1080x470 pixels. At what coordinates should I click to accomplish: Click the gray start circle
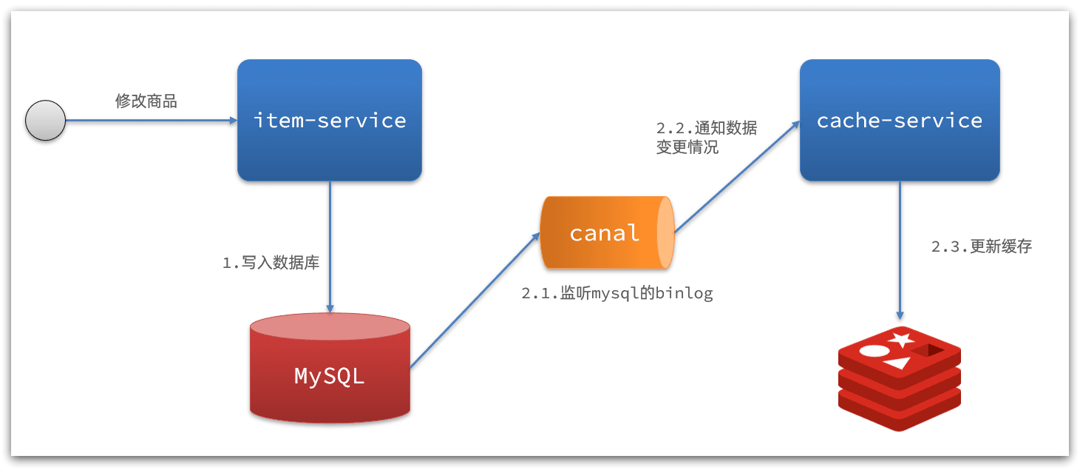pyautogui.click(x=46, y=120)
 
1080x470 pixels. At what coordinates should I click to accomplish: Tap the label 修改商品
pyautogui.click(x=146, y=101)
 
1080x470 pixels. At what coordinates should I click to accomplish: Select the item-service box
pyautogui.click(x=330, y=120)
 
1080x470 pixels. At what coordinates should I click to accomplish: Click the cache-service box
pyautogui.click(x=899, y=120)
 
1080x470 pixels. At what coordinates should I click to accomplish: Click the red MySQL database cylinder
pyautogui.click(x=330, y=375)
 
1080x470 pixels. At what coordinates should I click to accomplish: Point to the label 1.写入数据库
pyautogui.click(x=271, y=262)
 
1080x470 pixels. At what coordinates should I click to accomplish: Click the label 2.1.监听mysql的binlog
pyautogui.click(x=617, y=293)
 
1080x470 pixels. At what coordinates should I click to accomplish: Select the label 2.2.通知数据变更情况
pyautogui.click(x=706, y=137)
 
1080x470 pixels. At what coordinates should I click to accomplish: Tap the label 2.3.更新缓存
pyautogui.click(x=981, y=246)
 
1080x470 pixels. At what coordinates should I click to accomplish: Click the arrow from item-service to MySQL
pyautogui.click(x=330, y=244)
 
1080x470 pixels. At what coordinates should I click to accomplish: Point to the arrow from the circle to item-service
pyautogui.click(x=148, y=120)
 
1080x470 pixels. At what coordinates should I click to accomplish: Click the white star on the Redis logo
pyautogui.click(x=900, y=340)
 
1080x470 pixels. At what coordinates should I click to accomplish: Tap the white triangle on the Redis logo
pyautogui.click(x=897, y=363)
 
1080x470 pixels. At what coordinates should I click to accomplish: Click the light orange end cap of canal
pyautogui.click(x=665, y=232)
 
